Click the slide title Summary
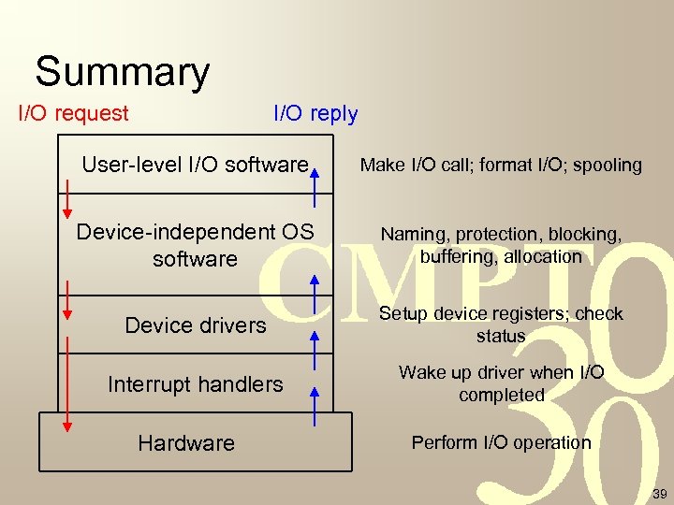click(122, 72)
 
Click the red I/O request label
click(74, 114)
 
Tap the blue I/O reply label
click(315, 114)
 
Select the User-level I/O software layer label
click(195, 166)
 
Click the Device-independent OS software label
click(195, 244)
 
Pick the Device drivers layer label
click(196, 325)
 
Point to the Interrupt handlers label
click(195, 383)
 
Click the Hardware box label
click(186, 442)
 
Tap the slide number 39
click(659, 494)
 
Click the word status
click(501, 336)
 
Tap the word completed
click(501, 395)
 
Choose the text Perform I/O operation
click(501, 442)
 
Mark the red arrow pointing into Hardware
click(66, 411)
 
